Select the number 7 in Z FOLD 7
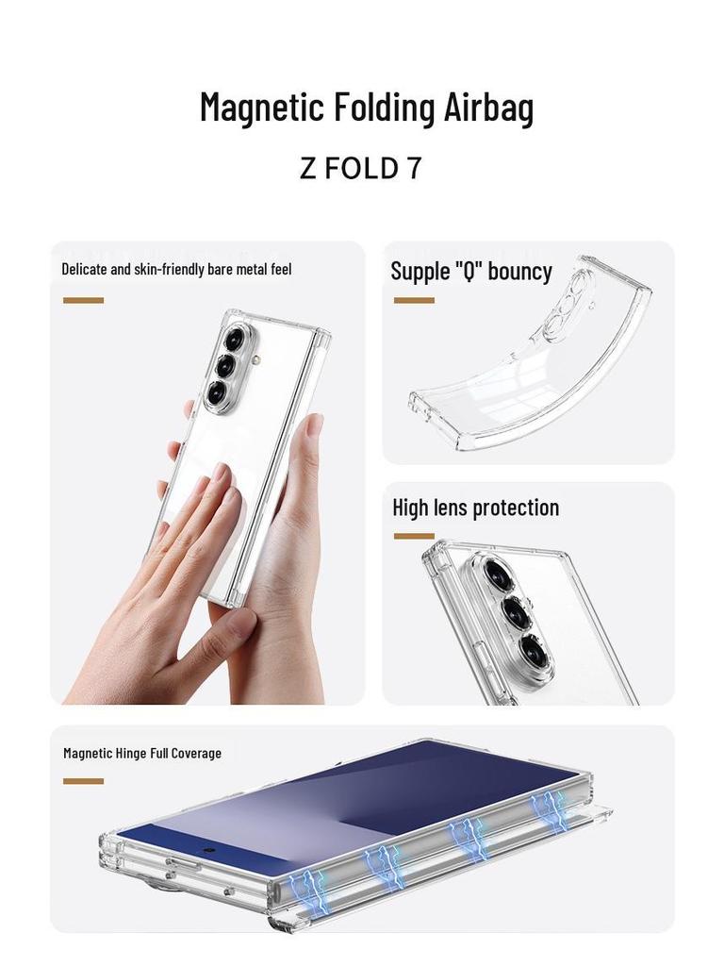pos(414,169)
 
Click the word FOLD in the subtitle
pos(363,169)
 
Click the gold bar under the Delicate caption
pos(83,300)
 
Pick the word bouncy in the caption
pos(519,272)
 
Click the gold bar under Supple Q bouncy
pos(414,300)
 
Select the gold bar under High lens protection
pos(414,536)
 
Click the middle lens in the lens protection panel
pos(516,613)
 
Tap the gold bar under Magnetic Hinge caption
pos(83,781)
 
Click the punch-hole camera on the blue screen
pos(206,848)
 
